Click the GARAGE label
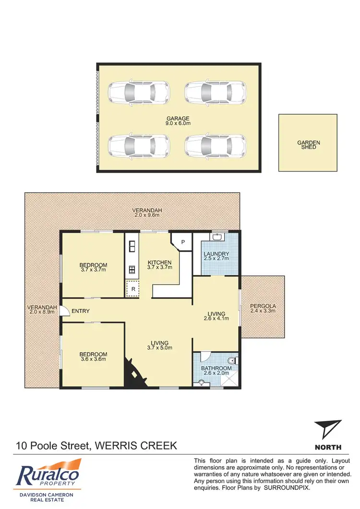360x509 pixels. (178, 118)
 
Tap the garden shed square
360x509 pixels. (308, 142)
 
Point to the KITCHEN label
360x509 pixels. (159, 262)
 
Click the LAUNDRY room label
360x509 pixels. (216, 254)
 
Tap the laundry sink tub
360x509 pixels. (217, 237)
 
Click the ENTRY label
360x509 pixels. (81, 311)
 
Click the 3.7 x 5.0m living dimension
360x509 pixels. (159, 348)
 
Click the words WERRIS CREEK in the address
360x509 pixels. (136, 446)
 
